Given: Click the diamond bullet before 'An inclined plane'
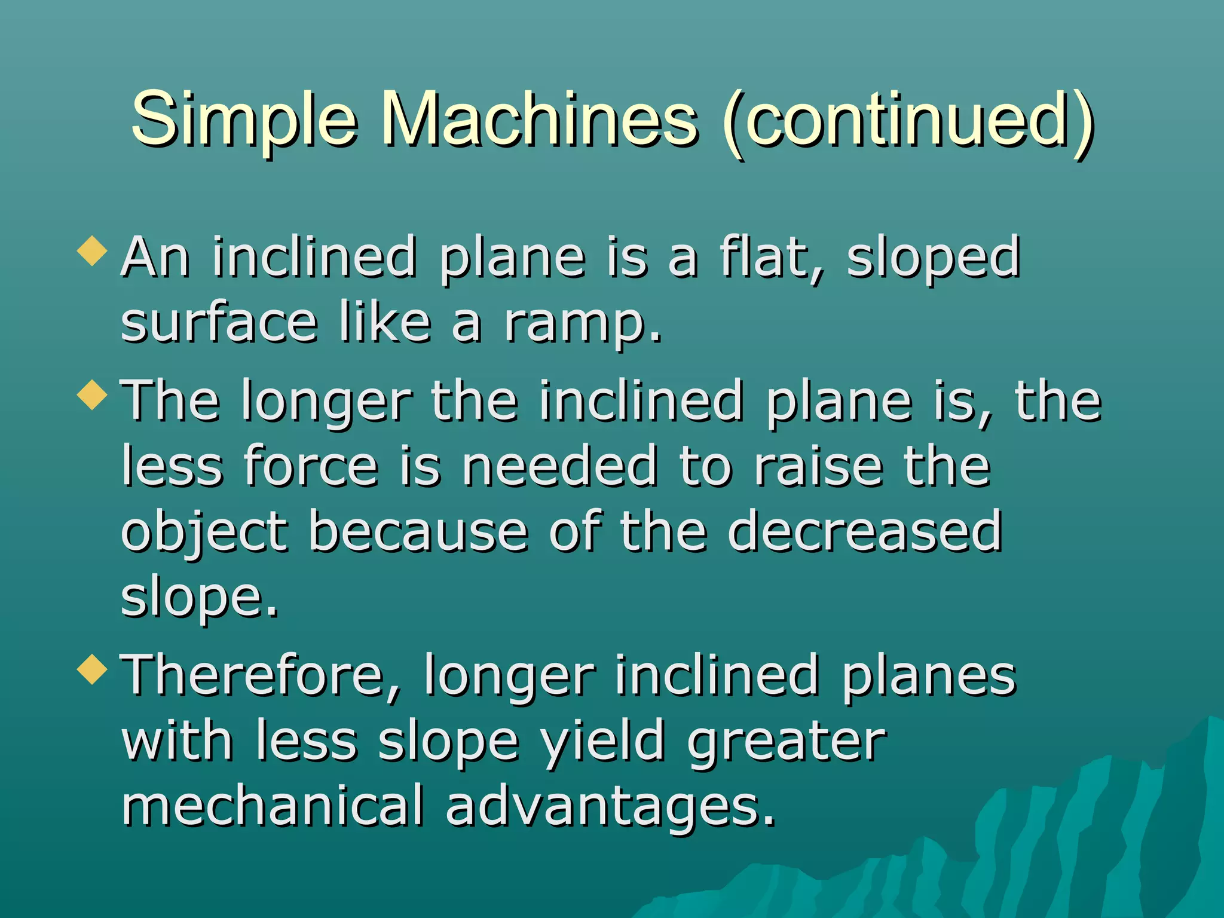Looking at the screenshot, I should pos(93,250).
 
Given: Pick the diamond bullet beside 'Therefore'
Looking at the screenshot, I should pos(93,669).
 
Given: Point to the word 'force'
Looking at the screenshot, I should pos(311,466).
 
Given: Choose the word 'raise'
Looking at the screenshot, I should pos(818,466).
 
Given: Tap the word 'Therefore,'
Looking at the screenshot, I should pos(261,675).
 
